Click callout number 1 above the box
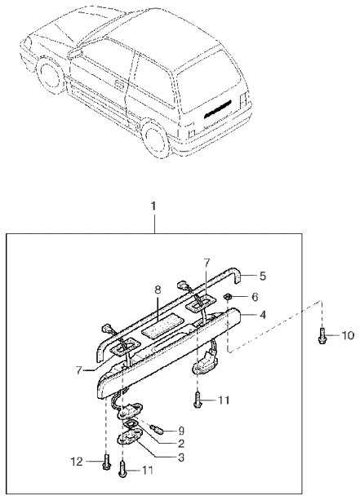[153, 206]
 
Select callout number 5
[262, 276]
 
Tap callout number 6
[255, 297]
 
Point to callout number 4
[262, 315]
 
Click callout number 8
[158, 290]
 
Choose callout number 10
[348, 335]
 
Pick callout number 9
[181, 431]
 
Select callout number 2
[181, 443]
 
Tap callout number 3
[181, 458]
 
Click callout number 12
[77, 462]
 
